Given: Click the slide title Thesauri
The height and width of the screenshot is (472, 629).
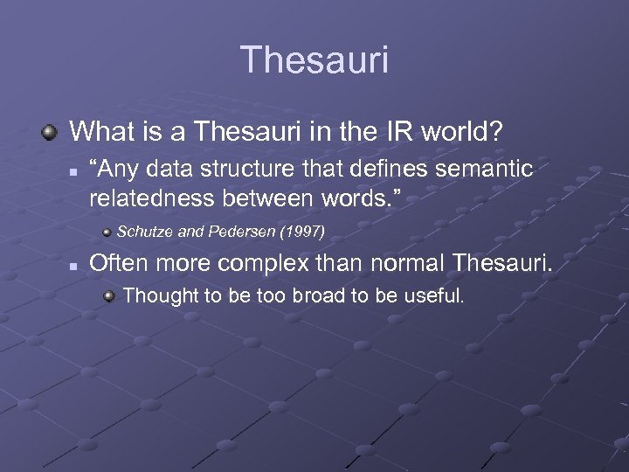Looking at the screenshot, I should click(x=314, y=60).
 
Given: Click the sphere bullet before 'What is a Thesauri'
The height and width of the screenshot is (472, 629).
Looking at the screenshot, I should click(x=51, y=132).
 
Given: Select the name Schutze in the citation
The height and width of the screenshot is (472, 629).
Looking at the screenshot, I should click(x=144, y=232).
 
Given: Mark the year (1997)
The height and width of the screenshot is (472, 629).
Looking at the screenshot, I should click(x=302, y=232).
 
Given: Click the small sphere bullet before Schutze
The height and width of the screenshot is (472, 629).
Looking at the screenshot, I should click(x=107, y=232).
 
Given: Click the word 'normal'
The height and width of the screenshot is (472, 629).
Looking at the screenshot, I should click(x=393, y=262).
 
